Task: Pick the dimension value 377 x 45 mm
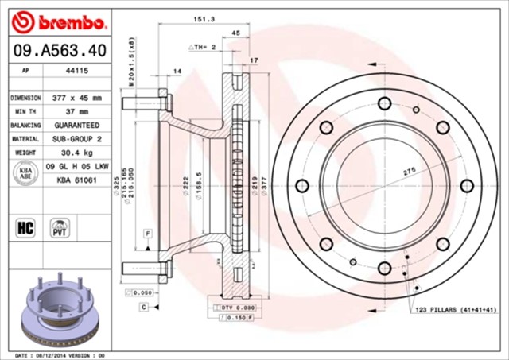tap(77, 98)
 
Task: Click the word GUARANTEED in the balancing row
tap(77, 126)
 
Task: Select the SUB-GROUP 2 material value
tap(77, 139)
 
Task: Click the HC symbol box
tap(23, 229)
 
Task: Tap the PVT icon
tap(59, 229)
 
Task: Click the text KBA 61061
tap(76, 180)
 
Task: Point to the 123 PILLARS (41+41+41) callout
tap(457, 309)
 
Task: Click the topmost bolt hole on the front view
tap(385, 102)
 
